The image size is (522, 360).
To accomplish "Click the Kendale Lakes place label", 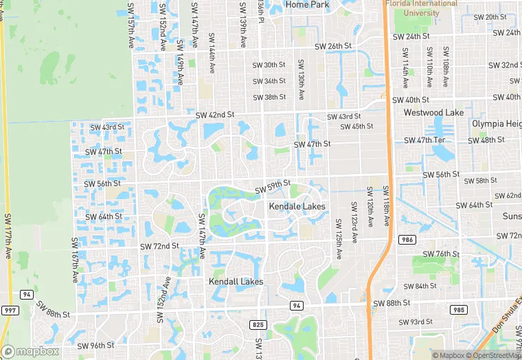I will click(297, 206).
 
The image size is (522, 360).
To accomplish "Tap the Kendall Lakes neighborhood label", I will click(236, 282).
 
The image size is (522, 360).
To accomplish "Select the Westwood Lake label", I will click(433, 112).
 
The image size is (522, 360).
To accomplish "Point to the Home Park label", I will click(307, 5).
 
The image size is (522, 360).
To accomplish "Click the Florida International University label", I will click(421, 8).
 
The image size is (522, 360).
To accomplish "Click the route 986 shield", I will click(406, 239).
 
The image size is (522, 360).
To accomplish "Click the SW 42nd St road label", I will click(215, 115).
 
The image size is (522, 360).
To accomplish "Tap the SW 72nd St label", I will click(159, 245).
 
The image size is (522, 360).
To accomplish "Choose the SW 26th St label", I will click(333, 46).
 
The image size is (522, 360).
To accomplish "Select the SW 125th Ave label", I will click(339, 239).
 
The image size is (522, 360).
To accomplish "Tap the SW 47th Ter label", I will click(425, 140).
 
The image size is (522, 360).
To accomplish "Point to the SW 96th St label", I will click(95, 345).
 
